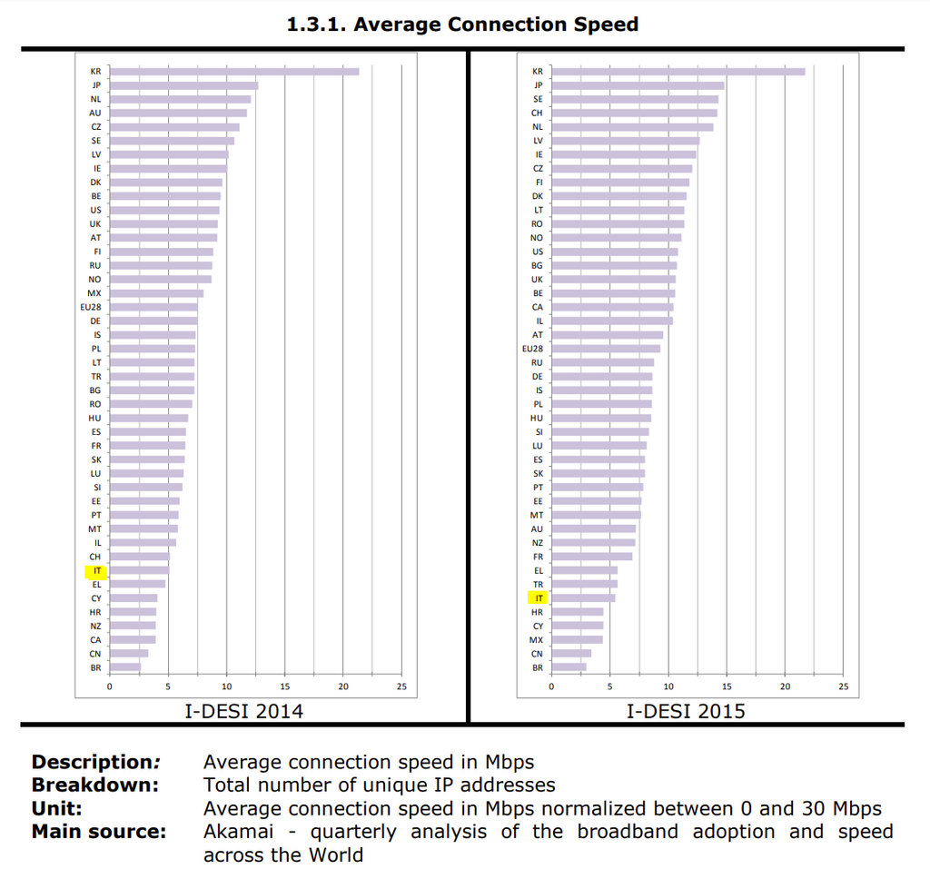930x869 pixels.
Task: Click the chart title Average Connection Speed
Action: tap(462, 25)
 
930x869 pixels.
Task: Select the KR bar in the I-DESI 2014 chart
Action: tap(234, 72)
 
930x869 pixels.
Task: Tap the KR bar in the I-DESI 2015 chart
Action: tap(678, 72)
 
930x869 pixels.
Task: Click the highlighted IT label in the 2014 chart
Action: tap(96, 571)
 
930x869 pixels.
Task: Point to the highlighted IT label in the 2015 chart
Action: tap(539, 598)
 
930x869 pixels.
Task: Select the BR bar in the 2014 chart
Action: tap(125, 667)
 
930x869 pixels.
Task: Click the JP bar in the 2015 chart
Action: tap(638, 85)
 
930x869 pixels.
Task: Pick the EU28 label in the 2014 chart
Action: tap(91, 308)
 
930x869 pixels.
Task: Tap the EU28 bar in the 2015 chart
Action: tap(606, 349)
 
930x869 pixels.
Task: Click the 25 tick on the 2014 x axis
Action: tap(401, 686)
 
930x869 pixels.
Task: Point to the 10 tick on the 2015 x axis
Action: tap(668, 686)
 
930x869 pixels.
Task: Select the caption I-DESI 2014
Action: tap(243, 711)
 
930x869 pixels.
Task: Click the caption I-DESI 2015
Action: tap(686, 711)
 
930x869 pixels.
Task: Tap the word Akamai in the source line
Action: tap(235, 832)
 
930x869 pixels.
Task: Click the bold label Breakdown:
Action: tap(95, 785)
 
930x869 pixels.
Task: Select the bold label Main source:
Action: tap(99, 832)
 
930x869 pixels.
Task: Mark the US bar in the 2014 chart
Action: tap(164, 210)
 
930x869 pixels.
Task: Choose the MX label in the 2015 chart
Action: tap(536, 640)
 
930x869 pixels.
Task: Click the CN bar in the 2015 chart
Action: tap(571, 654)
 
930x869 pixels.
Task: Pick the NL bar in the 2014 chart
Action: tap(180, 99)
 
